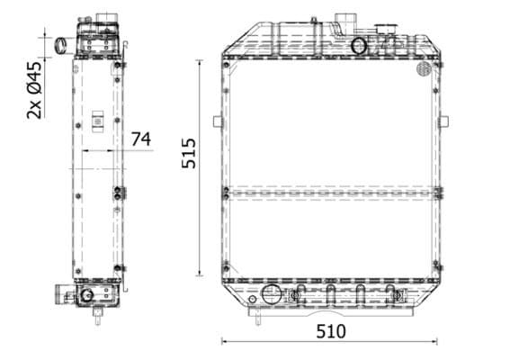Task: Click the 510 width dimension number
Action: coord(330,331)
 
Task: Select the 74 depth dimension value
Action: coord(140,139)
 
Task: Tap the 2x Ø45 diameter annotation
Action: coord(35,90)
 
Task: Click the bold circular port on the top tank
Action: coord(358,46)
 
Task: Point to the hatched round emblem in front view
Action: coord(425,68)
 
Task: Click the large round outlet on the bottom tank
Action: coord(271,294)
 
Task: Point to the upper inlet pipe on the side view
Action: coord(64,44)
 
